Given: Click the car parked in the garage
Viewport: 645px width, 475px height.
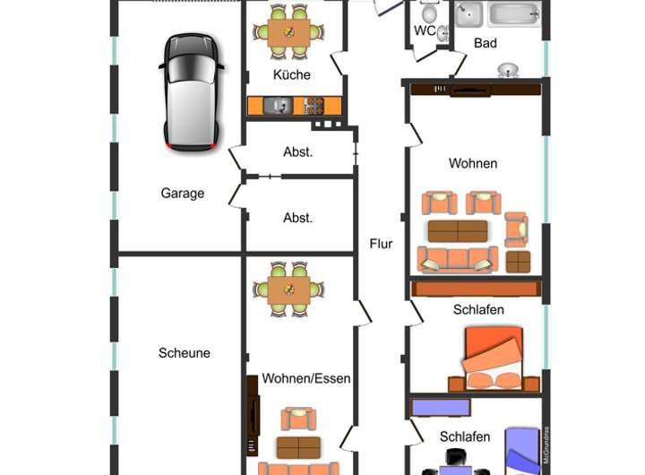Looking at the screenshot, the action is tap(191, 91).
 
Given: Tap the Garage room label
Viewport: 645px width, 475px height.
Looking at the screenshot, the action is tap(183, 193).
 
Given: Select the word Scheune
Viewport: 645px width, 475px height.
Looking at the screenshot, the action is tap(185, 352).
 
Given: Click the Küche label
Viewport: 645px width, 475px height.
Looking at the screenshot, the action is tap(292, 74).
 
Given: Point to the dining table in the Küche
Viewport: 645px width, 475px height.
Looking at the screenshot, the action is tap(289, 32).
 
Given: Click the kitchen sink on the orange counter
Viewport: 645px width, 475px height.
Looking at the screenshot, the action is tap(278, 106).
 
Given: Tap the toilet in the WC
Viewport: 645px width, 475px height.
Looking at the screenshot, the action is tap(429, 13).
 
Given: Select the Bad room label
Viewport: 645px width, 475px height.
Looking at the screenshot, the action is tap(486, 43).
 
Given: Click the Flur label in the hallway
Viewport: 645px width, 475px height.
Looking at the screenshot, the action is tap(382, 243).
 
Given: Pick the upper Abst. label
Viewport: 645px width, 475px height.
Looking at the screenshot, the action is tap(297, 151).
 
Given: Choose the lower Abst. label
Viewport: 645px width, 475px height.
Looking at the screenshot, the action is tap(297, 217).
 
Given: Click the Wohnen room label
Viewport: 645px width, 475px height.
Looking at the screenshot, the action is tap(473, 163).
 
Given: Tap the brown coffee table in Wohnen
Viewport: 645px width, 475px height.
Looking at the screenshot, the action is tap(457, 231).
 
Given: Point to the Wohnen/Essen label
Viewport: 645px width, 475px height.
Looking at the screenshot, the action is tap(306, 378).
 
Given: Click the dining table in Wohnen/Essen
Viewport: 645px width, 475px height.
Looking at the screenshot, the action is tap(289, 289).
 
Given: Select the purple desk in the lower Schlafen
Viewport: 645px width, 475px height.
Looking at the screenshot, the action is tap(441, 407).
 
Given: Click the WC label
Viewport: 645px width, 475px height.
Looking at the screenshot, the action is tap(425, 30).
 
